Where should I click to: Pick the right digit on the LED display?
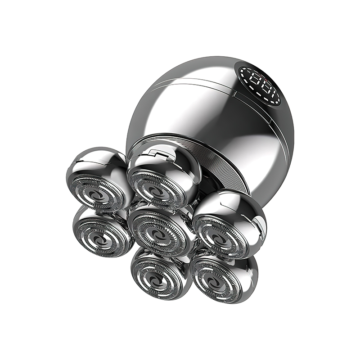pos(271,85)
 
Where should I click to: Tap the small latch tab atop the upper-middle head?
pos(152,156)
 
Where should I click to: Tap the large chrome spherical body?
pos(211,117)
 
